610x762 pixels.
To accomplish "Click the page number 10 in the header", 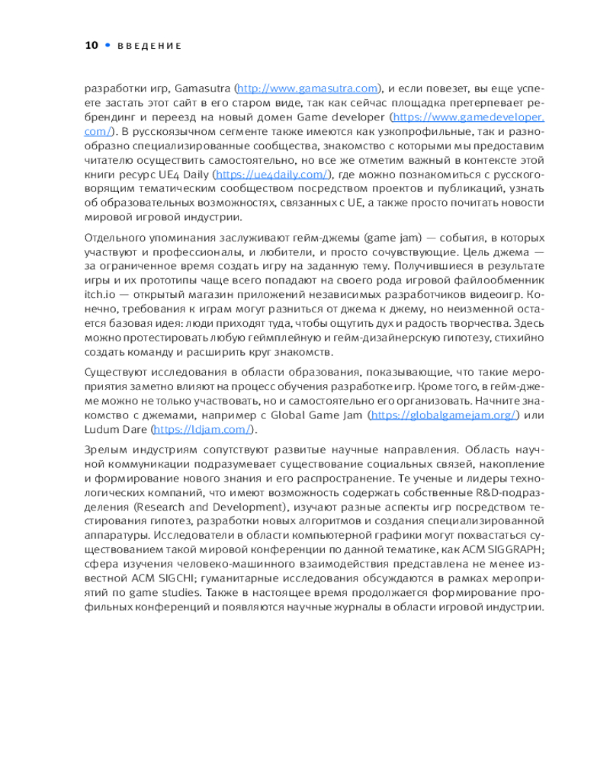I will click(91, 46).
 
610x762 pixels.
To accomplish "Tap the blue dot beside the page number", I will click(107, 46).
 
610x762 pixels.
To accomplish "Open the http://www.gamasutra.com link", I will click(308, 88).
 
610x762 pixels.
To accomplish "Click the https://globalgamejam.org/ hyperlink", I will click(444, 415).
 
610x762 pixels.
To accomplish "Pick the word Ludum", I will click(100, 428).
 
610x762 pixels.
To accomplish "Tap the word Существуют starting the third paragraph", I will click(120, 372).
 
